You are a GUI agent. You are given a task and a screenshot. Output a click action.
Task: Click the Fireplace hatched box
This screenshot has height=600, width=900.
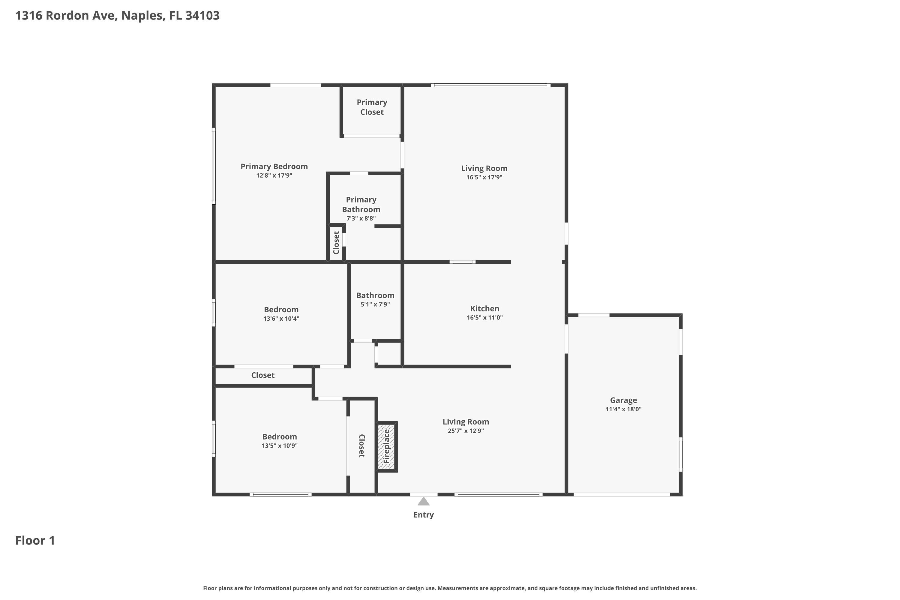(x=387, y=447)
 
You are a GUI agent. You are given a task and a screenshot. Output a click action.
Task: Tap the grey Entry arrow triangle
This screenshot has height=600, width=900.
(x=423, y=501)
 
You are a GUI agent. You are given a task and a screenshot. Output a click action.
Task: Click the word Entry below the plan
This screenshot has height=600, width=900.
(x=424, y=515)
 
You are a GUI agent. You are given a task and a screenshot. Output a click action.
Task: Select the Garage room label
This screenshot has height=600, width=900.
(x=623, y=400)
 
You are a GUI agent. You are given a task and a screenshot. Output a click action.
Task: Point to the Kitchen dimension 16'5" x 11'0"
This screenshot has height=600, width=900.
(x=484, y=318)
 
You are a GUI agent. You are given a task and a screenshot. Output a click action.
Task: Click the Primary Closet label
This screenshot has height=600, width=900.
(x=372, y=107)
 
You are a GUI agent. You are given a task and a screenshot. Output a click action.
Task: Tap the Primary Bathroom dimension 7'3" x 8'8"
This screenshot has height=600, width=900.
(x=361, y=218)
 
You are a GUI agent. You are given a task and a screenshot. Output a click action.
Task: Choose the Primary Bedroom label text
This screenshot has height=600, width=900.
(x=274, y=166)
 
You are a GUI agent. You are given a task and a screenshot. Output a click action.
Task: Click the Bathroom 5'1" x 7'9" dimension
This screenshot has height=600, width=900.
(x=375, y=304)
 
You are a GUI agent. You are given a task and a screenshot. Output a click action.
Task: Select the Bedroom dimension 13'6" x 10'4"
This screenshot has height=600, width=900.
(x=281, y=319)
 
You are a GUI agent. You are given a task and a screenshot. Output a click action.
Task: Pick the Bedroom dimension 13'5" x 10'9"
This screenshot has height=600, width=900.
(x=280, y=446)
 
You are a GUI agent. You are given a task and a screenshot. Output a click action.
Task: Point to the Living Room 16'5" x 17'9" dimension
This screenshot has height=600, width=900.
(x=484, y=178)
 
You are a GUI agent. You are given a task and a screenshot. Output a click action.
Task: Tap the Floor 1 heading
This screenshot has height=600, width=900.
(x=35, y=540)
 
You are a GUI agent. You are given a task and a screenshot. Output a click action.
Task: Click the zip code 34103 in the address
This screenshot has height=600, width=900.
(x=202, y=16)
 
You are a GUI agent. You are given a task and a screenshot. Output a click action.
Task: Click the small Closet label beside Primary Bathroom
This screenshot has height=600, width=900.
(x=336, y=243)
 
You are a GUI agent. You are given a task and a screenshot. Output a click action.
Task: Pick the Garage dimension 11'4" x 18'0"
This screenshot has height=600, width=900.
(x=623, y=409)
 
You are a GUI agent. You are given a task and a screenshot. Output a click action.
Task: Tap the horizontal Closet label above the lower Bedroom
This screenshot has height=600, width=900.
(x=263, y=375)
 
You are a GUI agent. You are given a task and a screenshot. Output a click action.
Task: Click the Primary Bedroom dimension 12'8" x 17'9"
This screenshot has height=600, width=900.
(x=274, y=175)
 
